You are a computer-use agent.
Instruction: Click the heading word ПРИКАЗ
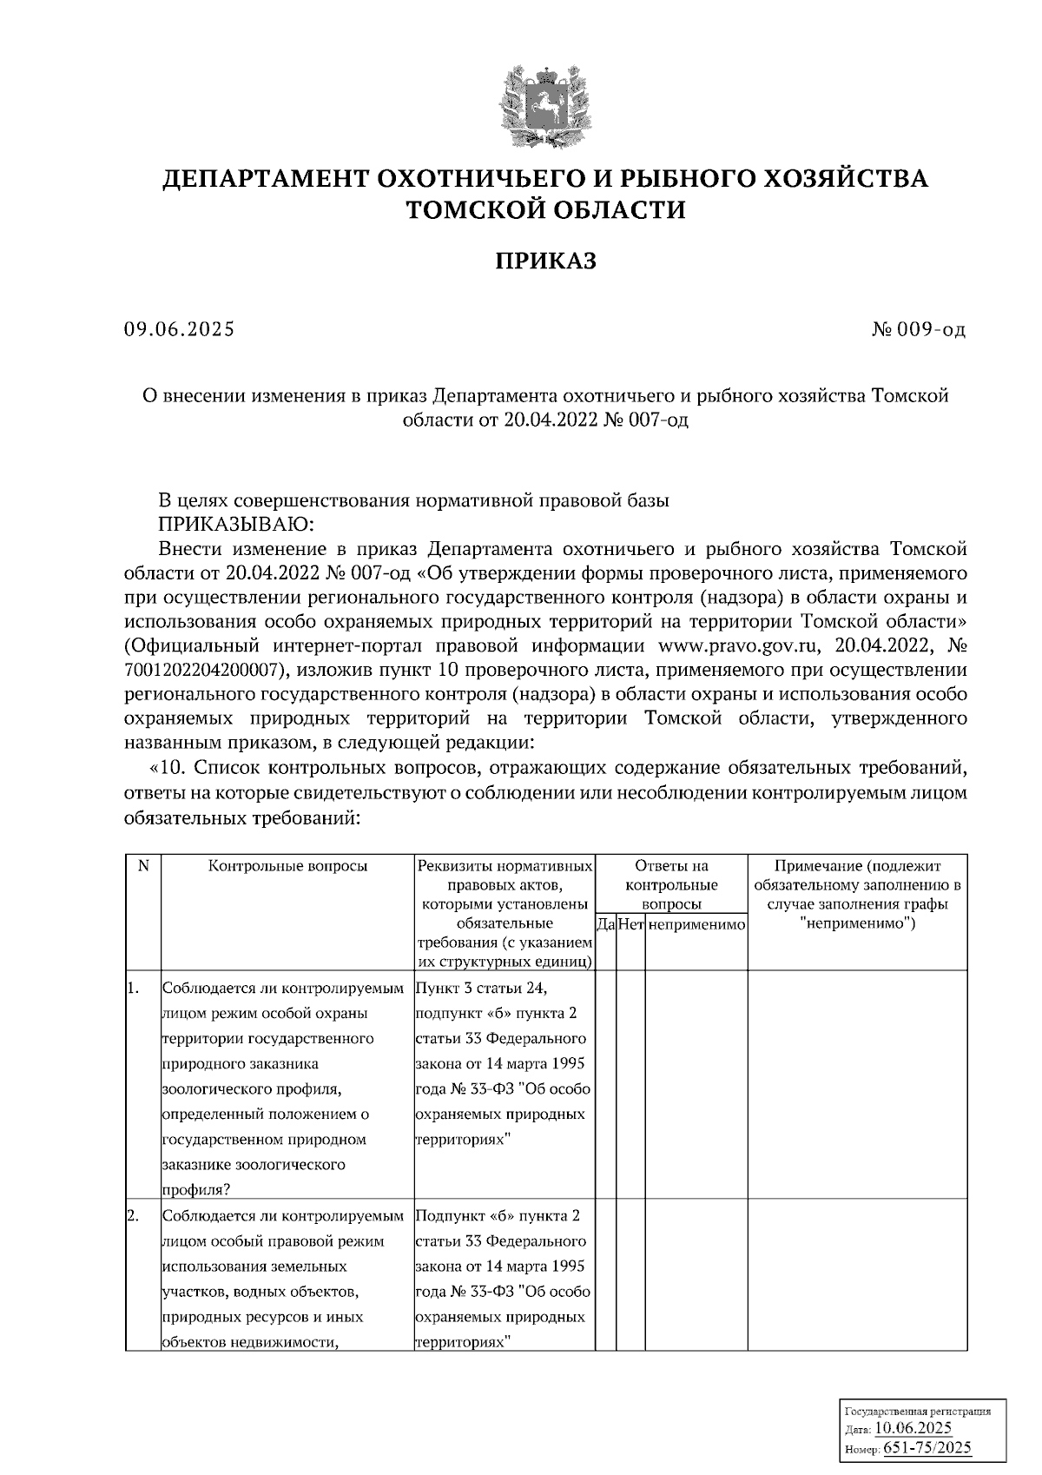point(545,261)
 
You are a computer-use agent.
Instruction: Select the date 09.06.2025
point(179,330)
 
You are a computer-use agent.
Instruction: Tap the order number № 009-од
point(917,330)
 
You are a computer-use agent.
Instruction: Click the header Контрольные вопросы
point(287,866)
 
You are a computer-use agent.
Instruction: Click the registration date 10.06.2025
point(913,1429)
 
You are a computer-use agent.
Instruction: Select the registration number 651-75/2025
point(927,1448)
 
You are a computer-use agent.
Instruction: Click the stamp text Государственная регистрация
point(917,1412)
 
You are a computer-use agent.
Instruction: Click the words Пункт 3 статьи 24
point(480,989)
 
